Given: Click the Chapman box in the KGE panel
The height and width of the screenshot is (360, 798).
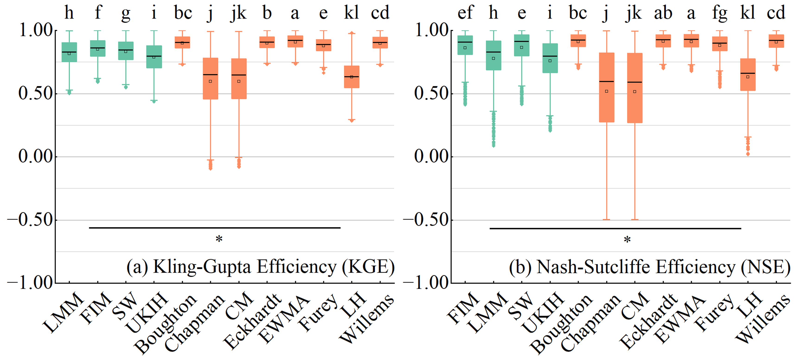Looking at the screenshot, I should tap(210, 78).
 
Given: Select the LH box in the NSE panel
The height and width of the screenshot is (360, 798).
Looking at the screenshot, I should tap(748, 74).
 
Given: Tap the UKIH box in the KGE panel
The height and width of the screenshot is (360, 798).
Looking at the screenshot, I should tap(154, 57).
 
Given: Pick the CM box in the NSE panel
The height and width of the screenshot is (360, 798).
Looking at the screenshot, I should tap(635, 88).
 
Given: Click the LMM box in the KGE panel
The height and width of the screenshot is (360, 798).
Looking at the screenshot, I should tap(69, 52).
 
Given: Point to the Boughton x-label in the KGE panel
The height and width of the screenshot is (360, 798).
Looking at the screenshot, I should tap(166, 324).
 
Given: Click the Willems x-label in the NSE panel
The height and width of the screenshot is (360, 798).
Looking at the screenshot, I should tap(763, 319).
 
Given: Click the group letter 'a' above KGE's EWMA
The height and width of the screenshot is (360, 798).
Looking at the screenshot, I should tap(295, 13).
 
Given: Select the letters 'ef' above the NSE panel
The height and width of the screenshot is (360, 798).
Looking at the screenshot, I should tap(465, 13).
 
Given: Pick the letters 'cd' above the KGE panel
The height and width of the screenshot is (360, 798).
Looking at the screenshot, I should tap(380, 13).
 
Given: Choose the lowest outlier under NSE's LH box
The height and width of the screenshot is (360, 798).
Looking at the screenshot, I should tap(748, 154).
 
